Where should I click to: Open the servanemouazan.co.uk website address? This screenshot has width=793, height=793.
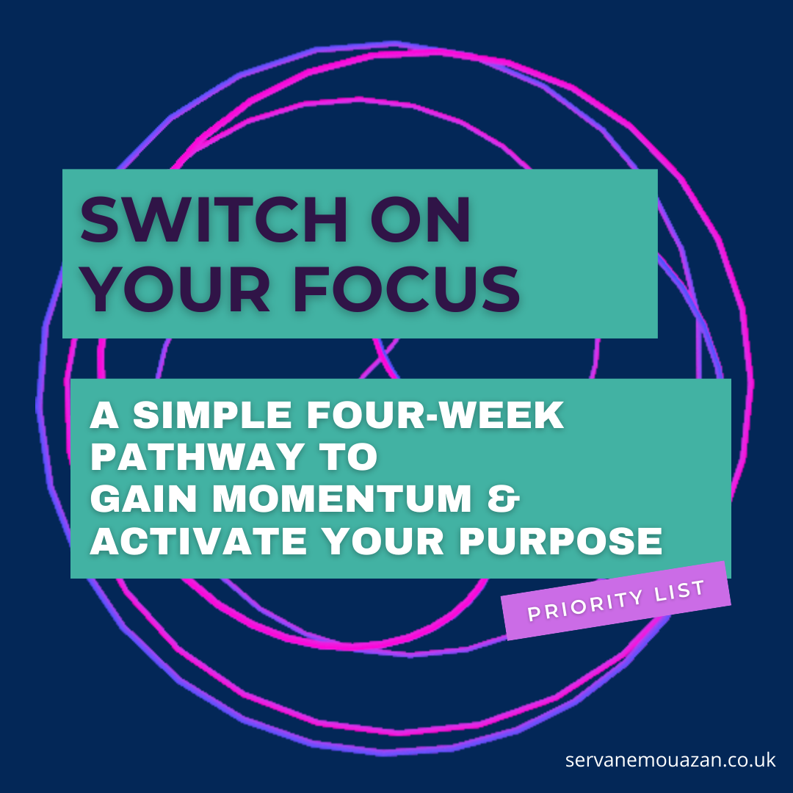[x=670, y=759]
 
